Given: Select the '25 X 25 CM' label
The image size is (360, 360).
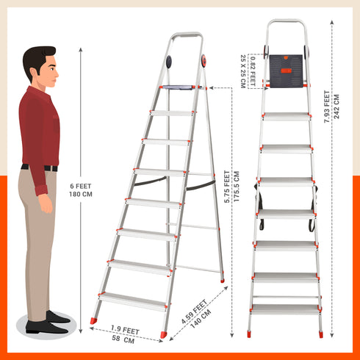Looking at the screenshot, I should click(242, 70).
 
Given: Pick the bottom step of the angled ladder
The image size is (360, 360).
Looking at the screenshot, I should click(132, 300).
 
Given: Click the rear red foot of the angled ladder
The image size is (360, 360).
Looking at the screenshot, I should click(222, 280).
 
